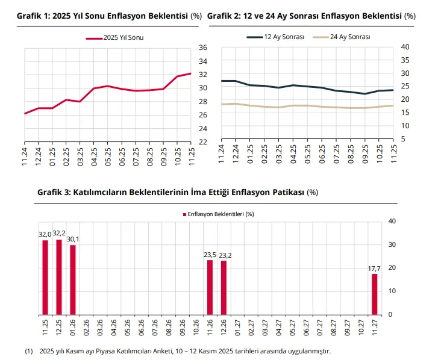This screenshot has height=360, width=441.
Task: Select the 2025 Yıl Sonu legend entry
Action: [x=118, y=37]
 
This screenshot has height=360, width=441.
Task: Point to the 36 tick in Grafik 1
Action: [x=203, y=48]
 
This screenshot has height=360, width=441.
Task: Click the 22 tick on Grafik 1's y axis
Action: [x=203, y=142]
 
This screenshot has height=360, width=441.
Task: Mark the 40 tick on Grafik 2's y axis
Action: [x=405, y=47]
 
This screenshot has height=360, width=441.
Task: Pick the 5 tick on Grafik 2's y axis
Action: [x=403, y=139]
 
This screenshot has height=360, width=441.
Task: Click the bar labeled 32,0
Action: [x=45, y=278]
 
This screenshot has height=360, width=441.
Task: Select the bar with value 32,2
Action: [x=59, y=277]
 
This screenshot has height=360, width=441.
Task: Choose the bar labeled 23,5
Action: [x=210, y=287]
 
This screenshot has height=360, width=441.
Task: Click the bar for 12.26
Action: [x=224, y=288]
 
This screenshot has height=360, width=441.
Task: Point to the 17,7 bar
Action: [x=374, y=294]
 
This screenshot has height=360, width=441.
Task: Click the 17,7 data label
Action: [x=374, y=268]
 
